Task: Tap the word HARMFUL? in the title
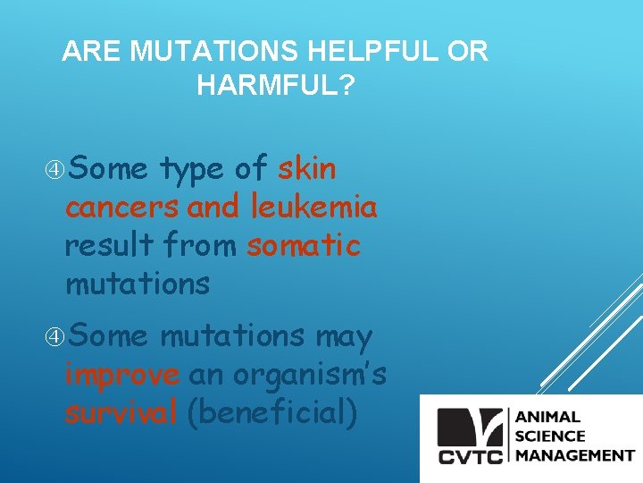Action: tap(275, 86)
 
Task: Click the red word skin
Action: tap(307, 168)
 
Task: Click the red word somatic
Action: tap(304, 246)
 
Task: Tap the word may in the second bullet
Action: tap(343, 336)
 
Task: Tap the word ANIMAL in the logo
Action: tap(547, 417)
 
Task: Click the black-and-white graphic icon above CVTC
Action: tap(470, 427)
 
